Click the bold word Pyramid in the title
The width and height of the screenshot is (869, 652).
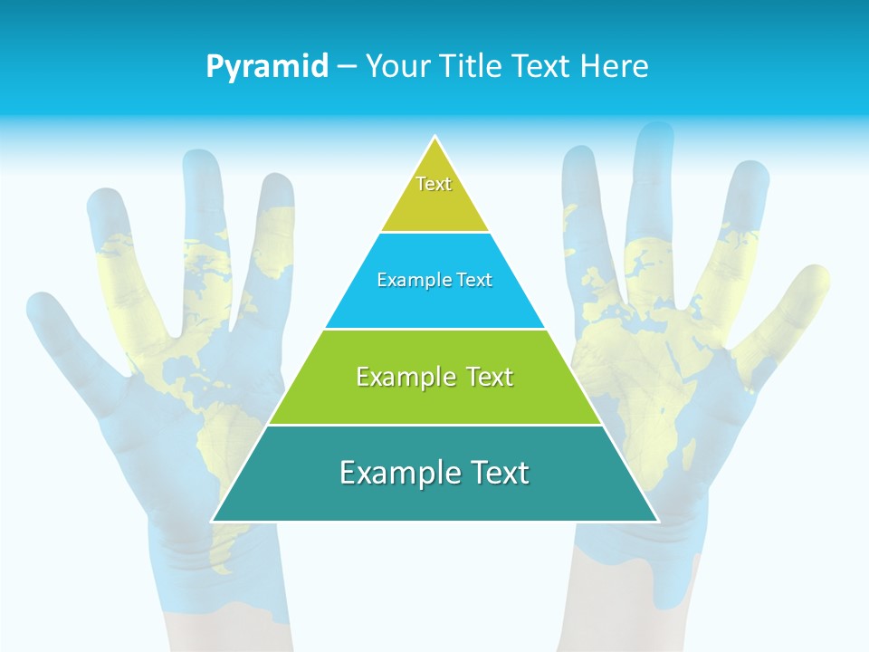tap(266, 67)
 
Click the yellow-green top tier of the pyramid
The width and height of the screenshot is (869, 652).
tap(434, 204)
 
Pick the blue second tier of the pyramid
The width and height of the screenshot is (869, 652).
tap(434, 303)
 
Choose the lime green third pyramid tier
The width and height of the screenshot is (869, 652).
tap(434, 398)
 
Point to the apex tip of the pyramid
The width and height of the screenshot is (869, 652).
tap(435, 139)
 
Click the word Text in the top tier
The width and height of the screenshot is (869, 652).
tap(434, 184)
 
